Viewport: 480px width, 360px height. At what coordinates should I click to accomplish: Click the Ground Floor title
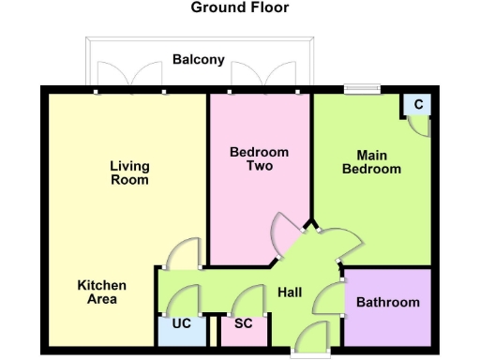click(240, 7)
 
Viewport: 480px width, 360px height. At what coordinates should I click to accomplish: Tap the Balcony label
click(199, 60)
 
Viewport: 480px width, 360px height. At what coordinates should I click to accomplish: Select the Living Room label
click(129, 172)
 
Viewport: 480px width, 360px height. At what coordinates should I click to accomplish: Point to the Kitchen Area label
click(102, 292)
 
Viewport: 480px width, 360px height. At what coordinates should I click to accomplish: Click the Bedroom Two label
click(260, 158)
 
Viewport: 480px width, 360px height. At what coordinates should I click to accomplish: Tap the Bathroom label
click(388, 302)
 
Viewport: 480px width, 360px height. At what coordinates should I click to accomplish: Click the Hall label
click(290, 293)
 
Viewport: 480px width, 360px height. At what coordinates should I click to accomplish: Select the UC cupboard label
click(181, 324)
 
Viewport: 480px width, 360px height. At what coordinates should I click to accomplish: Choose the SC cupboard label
click(244, 324)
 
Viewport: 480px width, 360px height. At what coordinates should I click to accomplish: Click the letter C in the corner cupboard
click(419, 103)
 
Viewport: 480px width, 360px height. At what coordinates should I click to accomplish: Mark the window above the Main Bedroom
click(362, 90)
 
